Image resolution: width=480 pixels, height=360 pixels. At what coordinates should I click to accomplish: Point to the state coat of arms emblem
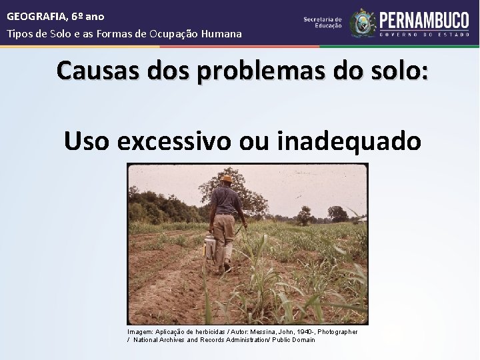363,23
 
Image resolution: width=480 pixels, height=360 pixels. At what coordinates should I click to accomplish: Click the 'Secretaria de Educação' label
323,23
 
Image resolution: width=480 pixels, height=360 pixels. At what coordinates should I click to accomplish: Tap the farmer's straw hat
227,179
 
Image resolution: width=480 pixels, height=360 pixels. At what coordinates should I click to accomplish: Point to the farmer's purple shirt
227,200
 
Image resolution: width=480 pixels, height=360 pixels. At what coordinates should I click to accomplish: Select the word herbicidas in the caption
209,331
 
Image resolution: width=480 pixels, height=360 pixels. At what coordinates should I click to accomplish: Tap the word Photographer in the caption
337,331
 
